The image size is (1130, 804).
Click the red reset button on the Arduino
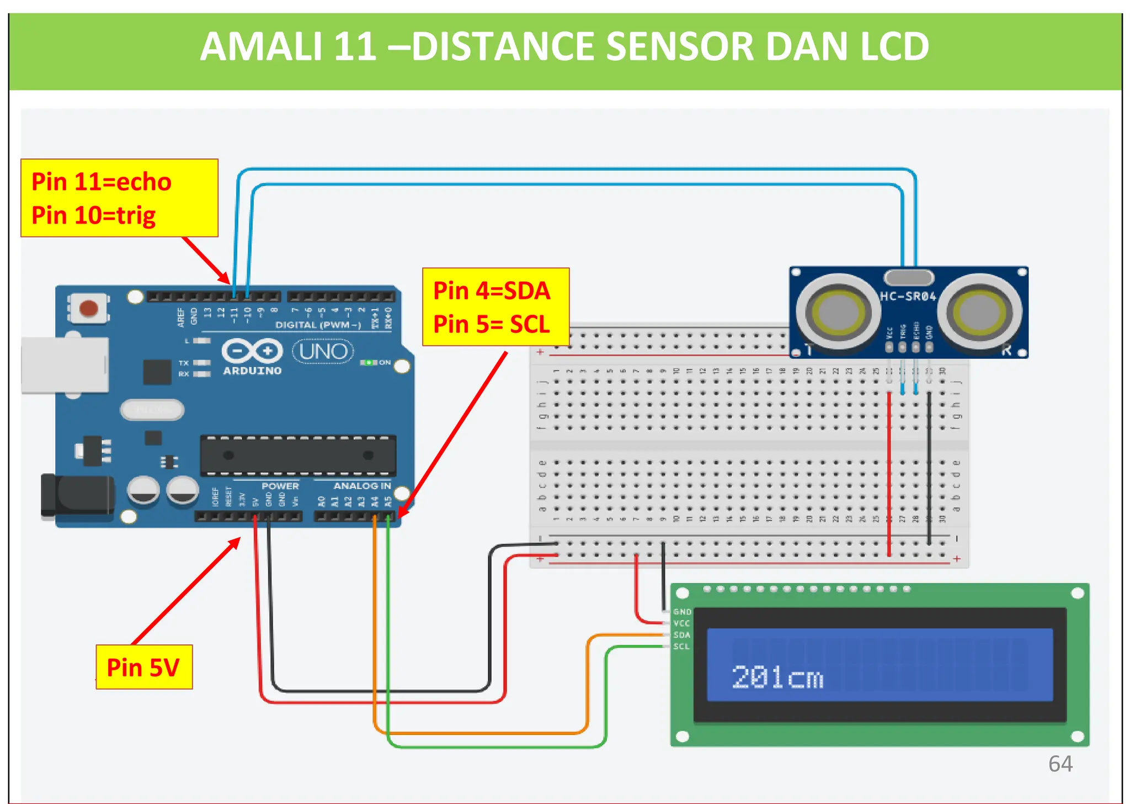pyautogui.click(x=88, y=308)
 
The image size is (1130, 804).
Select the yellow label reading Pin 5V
pyautogui.click(x=143, y=668)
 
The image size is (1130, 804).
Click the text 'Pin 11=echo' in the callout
pyautogui.click(x=102, y=182)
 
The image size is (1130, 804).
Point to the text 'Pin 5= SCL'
pyautogui.click(x=491, y=324)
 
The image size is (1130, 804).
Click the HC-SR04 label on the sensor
pyautogui.click(x=908, y=297)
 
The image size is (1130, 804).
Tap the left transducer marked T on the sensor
pyautogui.click(x=838, y=312)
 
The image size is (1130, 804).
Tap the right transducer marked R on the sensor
pyautogui.click(x=980, y=312)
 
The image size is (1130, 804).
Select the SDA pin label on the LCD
pyautogui.click(x=682, y=635)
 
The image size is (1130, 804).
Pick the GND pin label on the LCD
pyautogui.click(x=682, y=612)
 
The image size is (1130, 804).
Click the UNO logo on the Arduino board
pyautogui.click(x=323, y=352)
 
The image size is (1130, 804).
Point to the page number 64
pyautogui.click(x=1060, y=764)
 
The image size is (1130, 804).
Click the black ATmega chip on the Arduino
pyautogui.click(x=298, y=456)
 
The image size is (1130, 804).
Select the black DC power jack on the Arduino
pyautogui.click(x=77, y=496)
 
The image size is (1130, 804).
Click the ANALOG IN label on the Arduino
pyautogui.click(x=362, y=486)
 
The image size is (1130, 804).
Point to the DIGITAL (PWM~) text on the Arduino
pyautogui.click(x=318, y=325)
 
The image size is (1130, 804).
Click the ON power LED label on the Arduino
pyautogui.click(x=385, y=363)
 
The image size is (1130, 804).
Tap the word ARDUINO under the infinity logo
pyautogui.click(x=252, y=371)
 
